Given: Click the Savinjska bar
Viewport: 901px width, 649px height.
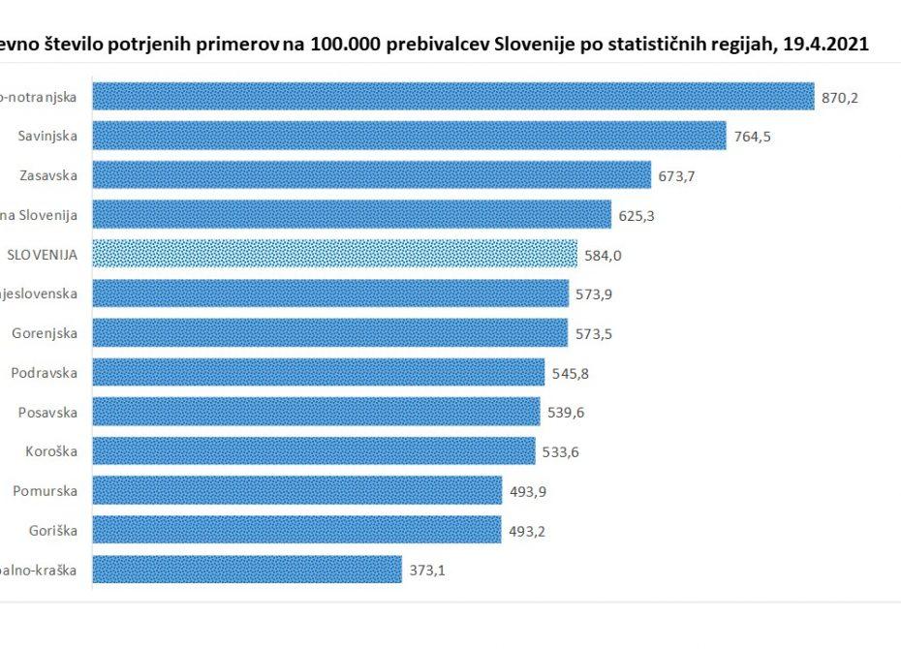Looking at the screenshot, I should pos(409,136).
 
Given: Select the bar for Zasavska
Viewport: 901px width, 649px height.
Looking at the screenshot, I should pos(371,175).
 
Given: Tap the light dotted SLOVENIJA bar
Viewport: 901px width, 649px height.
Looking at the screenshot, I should pos(334,254).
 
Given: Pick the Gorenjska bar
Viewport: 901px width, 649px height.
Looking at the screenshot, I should pos(329,333).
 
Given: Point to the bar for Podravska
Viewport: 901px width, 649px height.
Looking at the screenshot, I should pos(318,372).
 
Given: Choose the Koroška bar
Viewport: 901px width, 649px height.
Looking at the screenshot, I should pos(313,451).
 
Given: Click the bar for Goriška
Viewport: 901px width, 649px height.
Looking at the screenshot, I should pos(296,530).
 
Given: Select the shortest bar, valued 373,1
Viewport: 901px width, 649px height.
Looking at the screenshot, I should pos(246,570).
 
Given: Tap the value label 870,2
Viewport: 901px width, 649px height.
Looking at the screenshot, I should pos(840,97).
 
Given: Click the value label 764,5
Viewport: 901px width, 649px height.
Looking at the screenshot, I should pos(753,137).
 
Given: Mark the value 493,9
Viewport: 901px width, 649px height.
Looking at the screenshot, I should pos(529,491).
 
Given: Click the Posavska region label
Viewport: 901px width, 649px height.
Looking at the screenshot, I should pos(47,412).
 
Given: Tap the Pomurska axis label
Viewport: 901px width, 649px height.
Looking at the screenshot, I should pos(45,491).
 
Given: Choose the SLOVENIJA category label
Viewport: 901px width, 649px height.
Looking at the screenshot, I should pos(42,255).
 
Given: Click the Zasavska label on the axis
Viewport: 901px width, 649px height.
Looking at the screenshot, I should pos(48,175).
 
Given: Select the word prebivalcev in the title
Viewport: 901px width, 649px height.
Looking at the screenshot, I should pos(430,44).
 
